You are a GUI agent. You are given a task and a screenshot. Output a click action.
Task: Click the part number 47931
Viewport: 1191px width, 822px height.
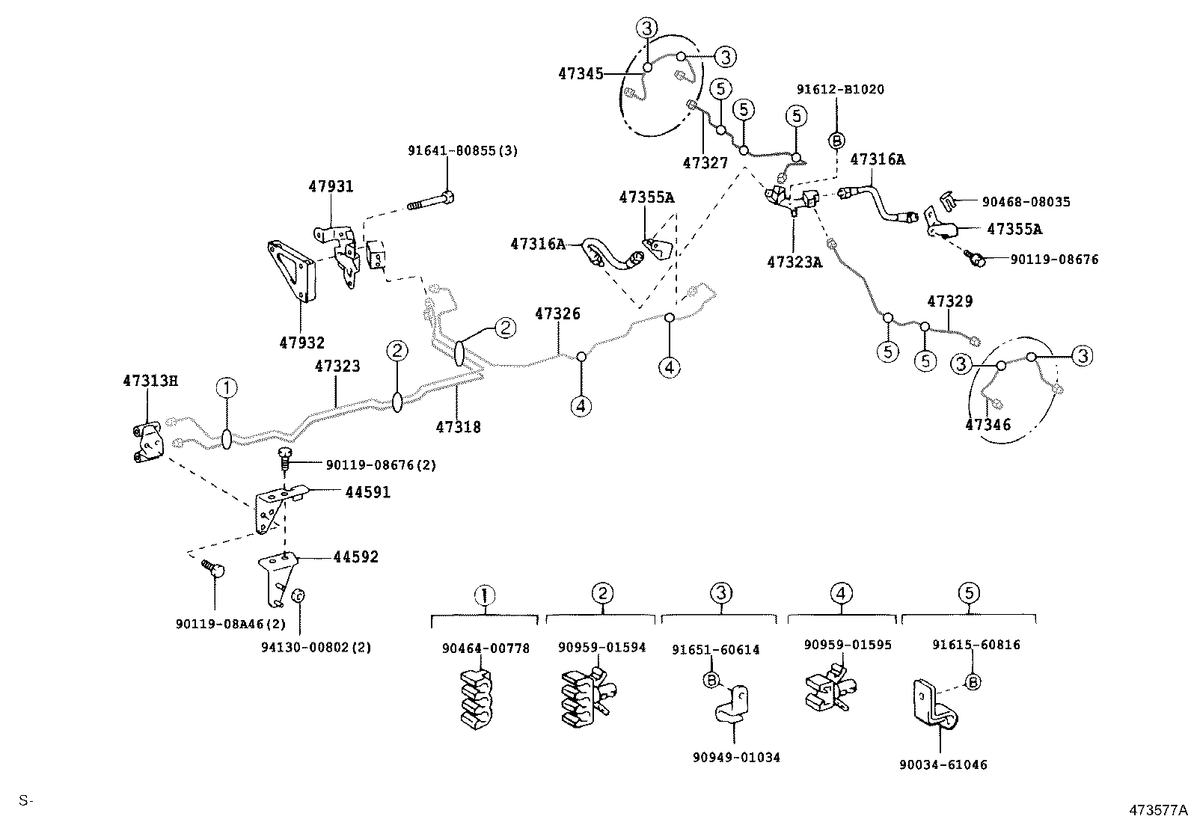click(331, 186)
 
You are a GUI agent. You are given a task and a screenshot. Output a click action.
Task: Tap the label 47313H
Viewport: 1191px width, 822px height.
click(150, 381)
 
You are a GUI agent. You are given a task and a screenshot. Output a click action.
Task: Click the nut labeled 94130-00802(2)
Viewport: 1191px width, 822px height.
click(297, 595)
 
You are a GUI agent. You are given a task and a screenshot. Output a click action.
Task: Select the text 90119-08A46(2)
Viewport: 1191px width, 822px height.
click(231, 623)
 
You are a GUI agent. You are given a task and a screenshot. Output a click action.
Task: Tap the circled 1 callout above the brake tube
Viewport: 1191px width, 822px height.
click(227, 387)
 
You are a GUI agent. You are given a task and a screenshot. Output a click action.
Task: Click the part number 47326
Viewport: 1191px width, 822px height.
click(557, 313)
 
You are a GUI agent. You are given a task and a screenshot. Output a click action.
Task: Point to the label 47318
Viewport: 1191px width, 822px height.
click(458, 427)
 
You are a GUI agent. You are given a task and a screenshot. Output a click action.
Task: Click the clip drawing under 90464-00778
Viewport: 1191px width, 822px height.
click(479, 699)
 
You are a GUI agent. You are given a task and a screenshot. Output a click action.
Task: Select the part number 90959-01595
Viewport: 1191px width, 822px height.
click(848, 644)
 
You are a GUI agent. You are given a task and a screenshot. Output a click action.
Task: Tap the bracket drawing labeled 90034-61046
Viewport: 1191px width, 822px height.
click(935, 707)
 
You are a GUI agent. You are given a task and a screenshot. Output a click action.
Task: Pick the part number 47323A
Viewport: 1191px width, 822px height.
click(794, 262)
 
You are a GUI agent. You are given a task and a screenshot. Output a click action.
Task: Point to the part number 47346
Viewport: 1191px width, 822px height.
click(988, 425)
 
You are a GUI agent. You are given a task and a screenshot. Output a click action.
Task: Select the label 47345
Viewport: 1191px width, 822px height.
click(580, 73)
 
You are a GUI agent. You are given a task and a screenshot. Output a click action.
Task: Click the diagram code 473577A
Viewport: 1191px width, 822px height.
click(1158, 809)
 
